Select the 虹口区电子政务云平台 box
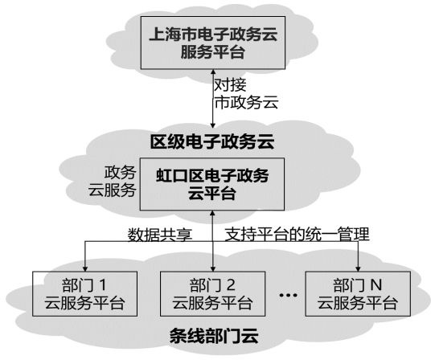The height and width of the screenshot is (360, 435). click(211, 182)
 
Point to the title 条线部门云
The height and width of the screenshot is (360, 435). click(211, 336)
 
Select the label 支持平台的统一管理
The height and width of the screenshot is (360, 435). click(294, 235)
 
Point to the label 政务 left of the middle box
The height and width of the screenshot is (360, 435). click(121, 174)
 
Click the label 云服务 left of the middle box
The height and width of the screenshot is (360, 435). click(112, 192)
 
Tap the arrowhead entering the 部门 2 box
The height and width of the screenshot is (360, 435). click(212, 268)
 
